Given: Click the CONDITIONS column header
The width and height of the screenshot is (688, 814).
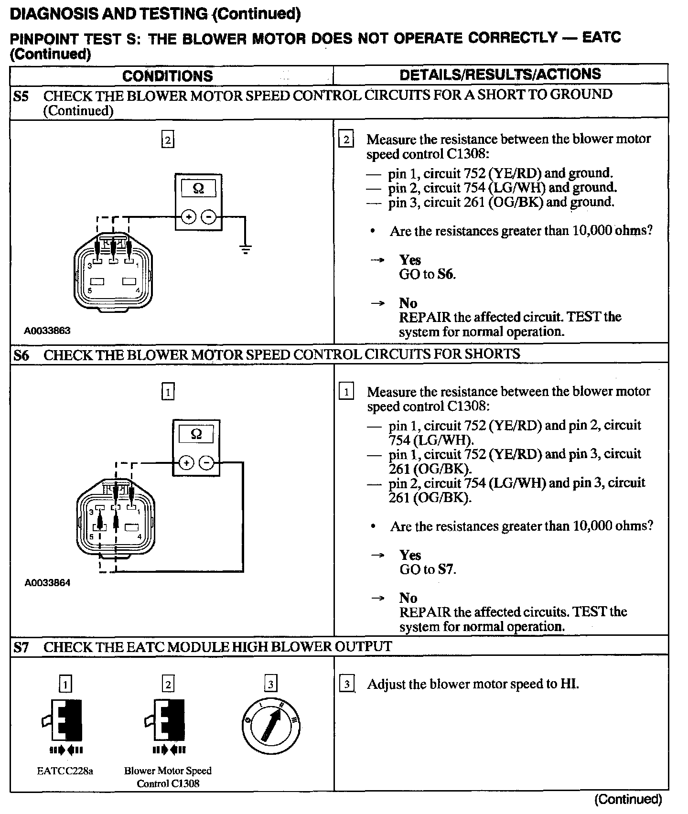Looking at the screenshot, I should (167, 76).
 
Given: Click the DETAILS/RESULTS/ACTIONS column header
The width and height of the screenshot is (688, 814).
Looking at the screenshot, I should (500, 75).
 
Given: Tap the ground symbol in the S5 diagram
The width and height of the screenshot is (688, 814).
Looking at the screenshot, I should (246, 249).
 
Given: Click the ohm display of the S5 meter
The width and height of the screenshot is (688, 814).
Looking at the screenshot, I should (198, 189).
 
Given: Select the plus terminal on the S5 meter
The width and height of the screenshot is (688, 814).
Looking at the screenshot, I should (189, 217).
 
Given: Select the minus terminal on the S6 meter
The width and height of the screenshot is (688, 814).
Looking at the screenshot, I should (206, 463).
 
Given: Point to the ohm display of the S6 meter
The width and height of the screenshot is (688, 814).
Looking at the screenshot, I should (196, 434).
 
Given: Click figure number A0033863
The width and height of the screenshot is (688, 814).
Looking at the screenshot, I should (48, 331).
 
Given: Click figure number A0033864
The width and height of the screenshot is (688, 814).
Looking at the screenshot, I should (48, 583).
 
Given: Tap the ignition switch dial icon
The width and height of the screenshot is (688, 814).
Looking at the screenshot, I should (270, 727).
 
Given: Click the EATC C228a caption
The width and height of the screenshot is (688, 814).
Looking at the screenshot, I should (65, 771).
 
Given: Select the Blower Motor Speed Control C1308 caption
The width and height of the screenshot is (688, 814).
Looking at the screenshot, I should (168, 777).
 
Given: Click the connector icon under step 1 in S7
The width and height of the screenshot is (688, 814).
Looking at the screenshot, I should (65, 721).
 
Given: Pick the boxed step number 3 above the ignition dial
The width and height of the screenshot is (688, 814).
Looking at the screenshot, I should (270, 684).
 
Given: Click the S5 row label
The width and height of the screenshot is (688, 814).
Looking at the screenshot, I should (21, 97).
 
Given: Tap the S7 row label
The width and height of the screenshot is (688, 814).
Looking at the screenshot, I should (21, 647).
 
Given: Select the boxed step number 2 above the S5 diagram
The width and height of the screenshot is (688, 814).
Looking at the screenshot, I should (168, 140).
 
